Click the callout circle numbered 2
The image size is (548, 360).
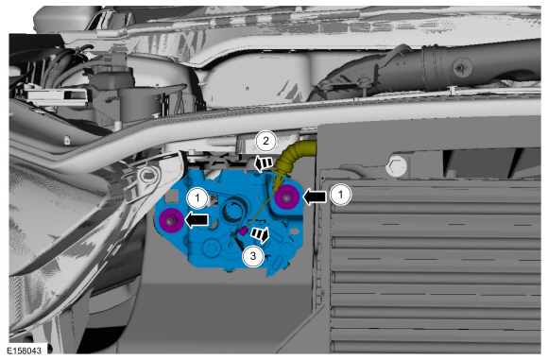pyautogui.click(x=265, y=141)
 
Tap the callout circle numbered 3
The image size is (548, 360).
pyautogui.click(x=252, y=256)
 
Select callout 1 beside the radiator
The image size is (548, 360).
pyautogui.click(x=340, y=194)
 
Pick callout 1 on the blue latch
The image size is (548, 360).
pyautogui.click(x=197, y=198)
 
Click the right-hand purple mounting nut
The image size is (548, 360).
pyautogui.click(x=286, y=197)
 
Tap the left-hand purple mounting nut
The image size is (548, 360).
pyautogui.click(x=171, y=220)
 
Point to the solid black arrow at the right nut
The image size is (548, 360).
pyautogui.click(x=315, y=197)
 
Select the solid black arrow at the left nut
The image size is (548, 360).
pyautogui.click(x=196, y=220)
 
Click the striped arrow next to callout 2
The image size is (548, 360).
pyautogui.click(x=263, y=163)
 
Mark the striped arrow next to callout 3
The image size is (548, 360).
pyautogui.click(x=261, y=234)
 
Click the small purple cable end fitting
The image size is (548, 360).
pyautogui.click(x=243, y=231)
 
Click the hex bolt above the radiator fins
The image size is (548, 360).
pyautogui.click(x=397, y=166)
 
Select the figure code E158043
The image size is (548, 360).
pyautogui.click(x=25, y=350)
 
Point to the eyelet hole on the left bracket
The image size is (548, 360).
pyautogui.click(x=146, y=174)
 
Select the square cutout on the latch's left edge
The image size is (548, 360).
pyautogui.click(x=171, y=197)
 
